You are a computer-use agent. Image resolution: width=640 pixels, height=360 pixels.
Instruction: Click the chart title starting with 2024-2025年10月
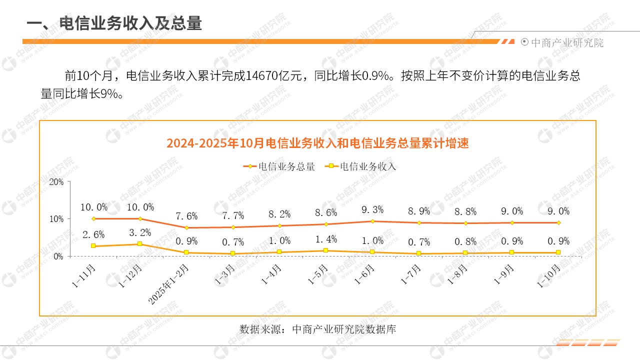[x=317, y=143]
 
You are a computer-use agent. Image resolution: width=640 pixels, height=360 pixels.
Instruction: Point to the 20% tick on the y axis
[x=56, y=182]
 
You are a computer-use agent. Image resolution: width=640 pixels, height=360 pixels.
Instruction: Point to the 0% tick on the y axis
[x=58, y=256]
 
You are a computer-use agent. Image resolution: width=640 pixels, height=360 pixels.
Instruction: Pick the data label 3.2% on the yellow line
[x=140, y=232]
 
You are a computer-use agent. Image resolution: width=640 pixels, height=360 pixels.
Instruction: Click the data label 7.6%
[x=187, y=216]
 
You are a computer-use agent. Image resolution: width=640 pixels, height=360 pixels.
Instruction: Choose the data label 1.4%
[x=326, y=239]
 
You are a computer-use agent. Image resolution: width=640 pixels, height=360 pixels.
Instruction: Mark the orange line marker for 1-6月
[x=372, y=221]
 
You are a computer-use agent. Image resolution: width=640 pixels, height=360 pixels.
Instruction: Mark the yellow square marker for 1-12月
[x=140, y=244]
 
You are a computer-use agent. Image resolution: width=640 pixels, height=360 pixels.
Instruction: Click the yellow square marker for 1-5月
[x=326, y=250]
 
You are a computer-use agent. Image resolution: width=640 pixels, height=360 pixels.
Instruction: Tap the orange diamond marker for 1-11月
[x=93, y=218]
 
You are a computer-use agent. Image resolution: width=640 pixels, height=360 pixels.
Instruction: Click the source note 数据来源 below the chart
[x=317, y=329]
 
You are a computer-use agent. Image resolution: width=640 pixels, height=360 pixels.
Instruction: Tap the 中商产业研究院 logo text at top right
[x=566, y=42]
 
